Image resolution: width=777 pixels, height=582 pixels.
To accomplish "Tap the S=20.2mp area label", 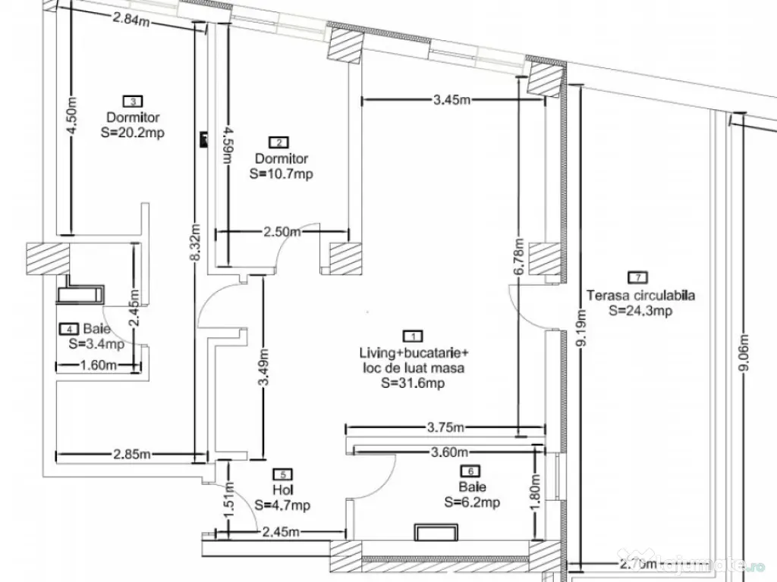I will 133,132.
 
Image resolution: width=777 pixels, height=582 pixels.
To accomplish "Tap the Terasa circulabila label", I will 641,296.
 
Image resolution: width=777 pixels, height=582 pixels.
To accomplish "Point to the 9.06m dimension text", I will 744,352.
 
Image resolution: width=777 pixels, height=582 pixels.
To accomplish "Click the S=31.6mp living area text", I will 413,383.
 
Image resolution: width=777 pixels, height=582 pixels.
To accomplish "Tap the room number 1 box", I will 413,335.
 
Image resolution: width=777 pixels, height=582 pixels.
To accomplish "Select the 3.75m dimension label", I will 445,427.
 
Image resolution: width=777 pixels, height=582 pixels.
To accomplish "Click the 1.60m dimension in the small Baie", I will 97,365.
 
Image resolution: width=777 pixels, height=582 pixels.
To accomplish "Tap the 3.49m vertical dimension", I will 263,368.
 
